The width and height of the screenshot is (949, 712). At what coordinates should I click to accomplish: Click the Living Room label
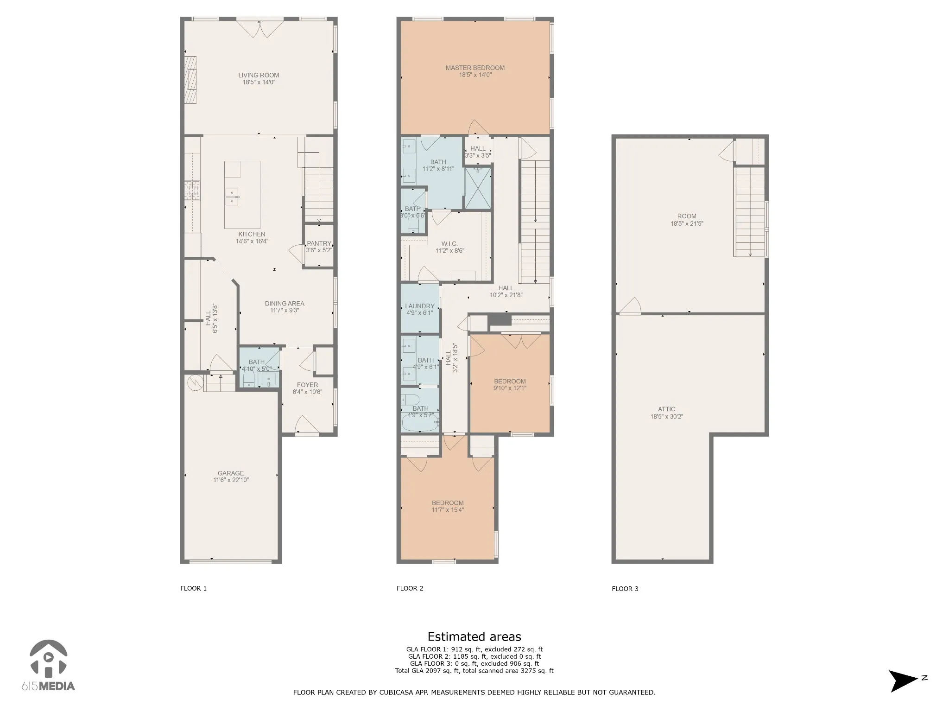[259, 75]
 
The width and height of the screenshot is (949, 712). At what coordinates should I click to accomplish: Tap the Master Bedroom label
[475, 68]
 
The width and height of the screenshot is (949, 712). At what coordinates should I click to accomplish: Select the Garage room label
[231, 473]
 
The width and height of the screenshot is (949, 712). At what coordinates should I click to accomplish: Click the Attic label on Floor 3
[666, 409]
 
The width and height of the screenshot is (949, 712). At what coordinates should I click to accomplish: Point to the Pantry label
[319, 243]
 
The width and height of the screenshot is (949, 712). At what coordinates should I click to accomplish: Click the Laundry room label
[420, 306]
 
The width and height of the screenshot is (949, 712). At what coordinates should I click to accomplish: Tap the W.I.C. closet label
[449, 244]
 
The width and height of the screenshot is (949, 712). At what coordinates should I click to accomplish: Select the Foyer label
[307, 385]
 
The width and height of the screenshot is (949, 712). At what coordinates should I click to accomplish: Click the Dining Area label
[285, 304]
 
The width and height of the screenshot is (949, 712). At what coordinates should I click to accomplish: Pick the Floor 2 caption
[410, 588]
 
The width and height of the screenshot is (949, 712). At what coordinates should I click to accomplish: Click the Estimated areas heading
[474, 636]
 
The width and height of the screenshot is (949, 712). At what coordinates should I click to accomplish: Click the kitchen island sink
[232, 197]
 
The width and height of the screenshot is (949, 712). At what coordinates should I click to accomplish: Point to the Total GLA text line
[474, 670]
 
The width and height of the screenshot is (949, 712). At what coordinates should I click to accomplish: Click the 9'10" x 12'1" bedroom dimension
[510, 388]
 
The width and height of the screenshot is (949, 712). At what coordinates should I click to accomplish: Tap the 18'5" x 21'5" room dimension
[687, 223]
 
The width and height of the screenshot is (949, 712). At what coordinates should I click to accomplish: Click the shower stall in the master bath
[478, 188]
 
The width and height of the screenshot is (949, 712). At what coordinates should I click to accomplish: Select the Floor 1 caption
[193, 588]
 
